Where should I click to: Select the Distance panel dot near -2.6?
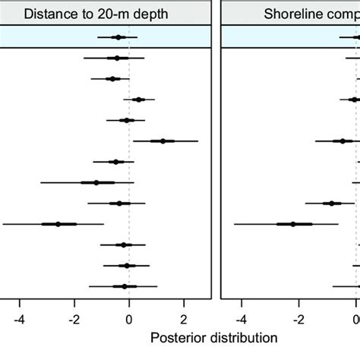pyautogui.click(x=58, y=224)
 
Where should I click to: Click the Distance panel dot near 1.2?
pyautogui.click(x=163, y=141)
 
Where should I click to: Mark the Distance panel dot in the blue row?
pyautogui.click(x=118, y=36)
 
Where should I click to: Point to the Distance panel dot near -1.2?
pyautogui.click(x=96, y=182)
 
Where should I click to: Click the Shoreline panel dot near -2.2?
pyautogui.click(x=293, y=224)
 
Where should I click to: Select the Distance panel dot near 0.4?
pyautogui.click(x=139, y=99)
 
